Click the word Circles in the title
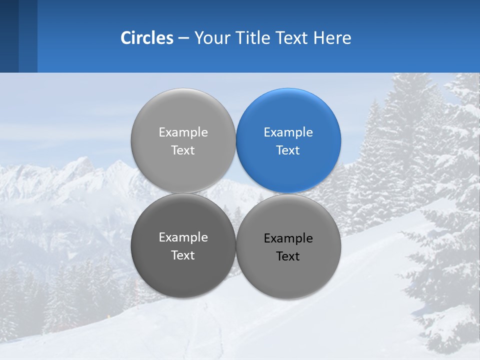[146, 38]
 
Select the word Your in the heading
[210, 38]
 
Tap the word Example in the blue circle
[288, 132]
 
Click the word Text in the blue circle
[288, 150]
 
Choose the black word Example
[288, 238]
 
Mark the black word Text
[288, 256]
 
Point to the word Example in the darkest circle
[183, 237]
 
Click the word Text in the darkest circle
[183, 255]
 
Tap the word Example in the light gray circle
[183, 132]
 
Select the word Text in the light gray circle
[183, 150]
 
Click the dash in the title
[183, 38]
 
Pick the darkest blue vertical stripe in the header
[9, 36]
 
